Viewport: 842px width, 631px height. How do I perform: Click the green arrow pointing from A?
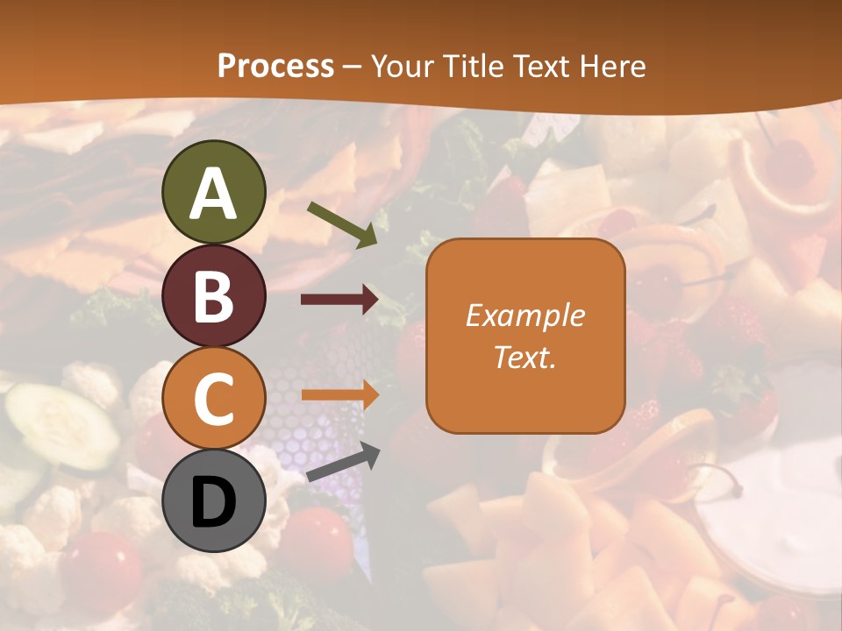pos(342,223)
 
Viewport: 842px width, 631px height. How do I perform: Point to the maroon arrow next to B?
pos(339,300)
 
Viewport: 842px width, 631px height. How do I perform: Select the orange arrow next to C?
pos(339,394)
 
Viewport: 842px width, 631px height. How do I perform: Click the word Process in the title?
pos(275,66)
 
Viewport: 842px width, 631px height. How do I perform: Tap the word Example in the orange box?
pos(524,315)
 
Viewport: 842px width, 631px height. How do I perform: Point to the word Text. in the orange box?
pos(524,357)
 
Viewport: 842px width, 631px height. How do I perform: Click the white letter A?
pos(214,194)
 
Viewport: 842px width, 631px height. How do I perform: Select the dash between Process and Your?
pos(353,67)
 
